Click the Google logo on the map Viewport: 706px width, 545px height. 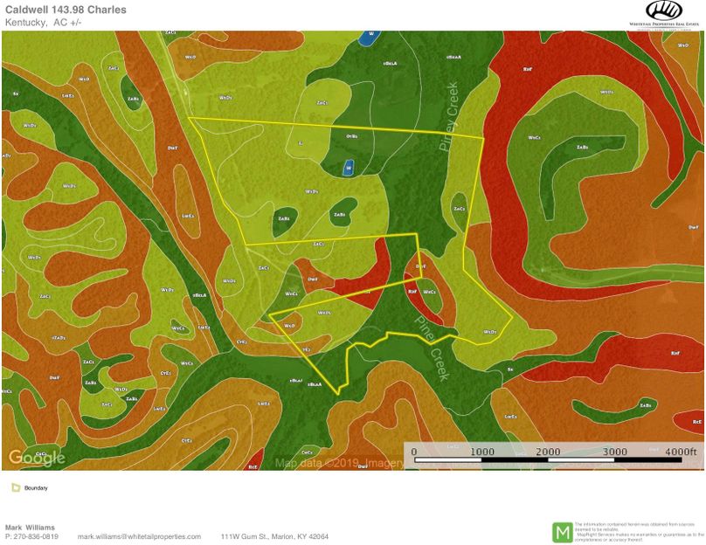pos(37,458)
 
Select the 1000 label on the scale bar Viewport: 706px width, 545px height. pos(481,452)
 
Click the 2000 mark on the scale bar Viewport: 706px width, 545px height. pos(548,452)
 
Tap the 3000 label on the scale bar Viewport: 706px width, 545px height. pos(615,452)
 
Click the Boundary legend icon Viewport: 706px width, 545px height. pos(16,488)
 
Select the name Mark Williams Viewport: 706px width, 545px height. pos(31,528)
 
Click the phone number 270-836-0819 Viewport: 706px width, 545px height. pos(36,536)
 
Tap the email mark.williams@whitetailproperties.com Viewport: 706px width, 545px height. pos(139,536)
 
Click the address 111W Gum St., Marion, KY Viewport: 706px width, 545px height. pos(274,536)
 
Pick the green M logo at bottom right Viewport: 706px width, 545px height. pos(564,531)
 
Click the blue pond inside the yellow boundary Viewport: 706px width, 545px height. pos(348,167)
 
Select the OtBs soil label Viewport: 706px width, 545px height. pos(352,136)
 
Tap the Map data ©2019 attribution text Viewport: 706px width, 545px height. pos(336,463)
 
